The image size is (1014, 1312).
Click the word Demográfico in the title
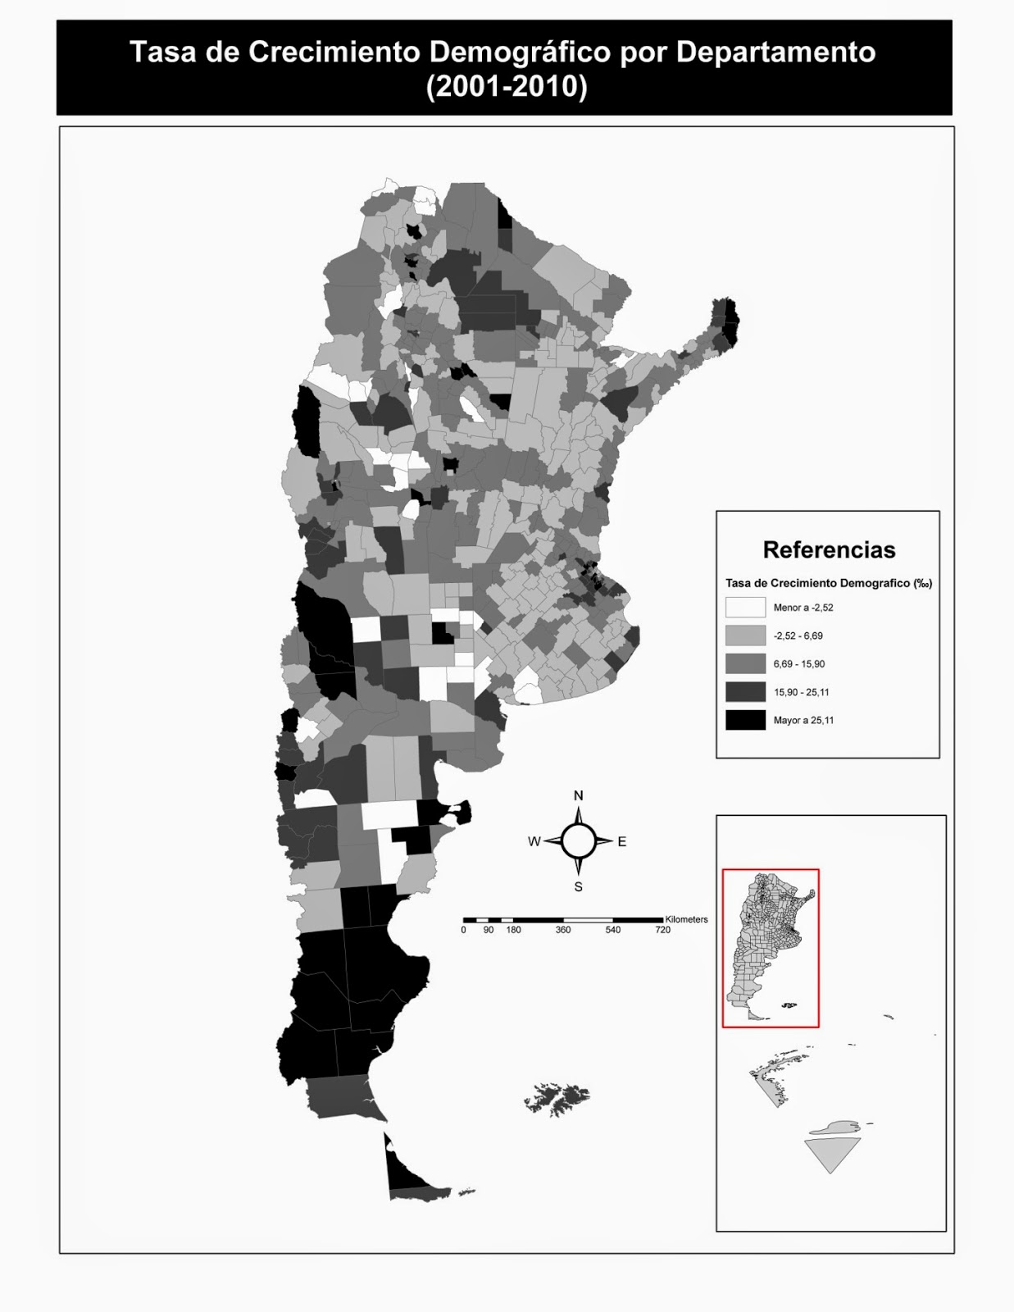(520, 53)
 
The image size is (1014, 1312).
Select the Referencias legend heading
(829, 549)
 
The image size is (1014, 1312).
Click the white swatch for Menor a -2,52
(744, 608)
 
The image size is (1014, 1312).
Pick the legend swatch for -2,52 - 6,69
(744, 635)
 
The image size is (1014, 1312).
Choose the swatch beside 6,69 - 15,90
(744, 663)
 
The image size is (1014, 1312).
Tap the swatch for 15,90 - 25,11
(744, 692)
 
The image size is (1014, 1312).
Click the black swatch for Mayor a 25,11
(744, 720)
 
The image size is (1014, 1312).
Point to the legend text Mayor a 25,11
(803, 721)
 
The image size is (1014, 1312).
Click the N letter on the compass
(579, 795)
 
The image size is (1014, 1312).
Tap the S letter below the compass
(579, 886)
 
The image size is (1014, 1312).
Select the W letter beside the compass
(534, 841)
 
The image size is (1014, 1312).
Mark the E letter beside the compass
(622, 841)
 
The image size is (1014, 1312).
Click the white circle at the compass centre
(579, 840)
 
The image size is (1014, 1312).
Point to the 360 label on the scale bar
(563, 930)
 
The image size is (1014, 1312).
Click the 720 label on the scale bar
(662, 930)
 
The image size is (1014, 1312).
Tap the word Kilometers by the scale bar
(687, 919)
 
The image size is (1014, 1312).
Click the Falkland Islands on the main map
(557, 1097)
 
